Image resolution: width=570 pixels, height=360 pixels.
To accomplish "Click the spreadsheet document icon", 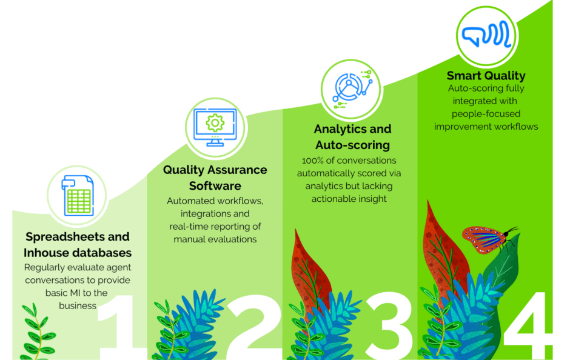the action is [78, 195].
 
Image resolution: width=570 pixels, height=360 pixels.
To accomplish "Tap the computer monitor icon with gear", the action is [215, 127].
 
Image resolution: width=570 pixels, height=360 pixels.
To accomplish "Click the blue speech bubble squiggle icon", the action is [486, 34].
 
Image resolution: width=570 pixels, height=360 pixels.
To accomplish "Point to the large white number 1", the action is [120, 327].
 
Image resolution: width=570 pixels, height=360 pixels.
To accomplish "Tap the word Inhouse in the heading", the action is [47, 253].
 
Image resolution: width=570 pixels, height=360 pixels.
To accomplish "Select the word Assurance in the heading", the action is [236, 170].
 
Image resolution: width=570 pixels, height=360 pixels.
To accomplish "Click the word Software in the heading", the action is [215, 185].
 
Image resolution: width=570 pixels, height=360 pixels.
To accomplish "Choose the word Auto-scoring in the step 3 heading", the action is [353, 145].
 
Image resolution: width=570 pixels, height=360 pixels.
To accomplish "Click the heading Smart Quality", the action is [486, 76].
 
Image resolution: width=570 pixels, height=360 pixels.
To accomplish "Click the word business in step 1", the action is [78, 306].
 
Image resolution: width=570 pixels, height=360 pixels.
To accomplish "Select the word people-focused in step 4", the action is [486, 114].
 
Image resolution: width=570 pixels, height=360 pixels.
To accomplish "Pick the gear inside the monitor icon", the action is [215, 123].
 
